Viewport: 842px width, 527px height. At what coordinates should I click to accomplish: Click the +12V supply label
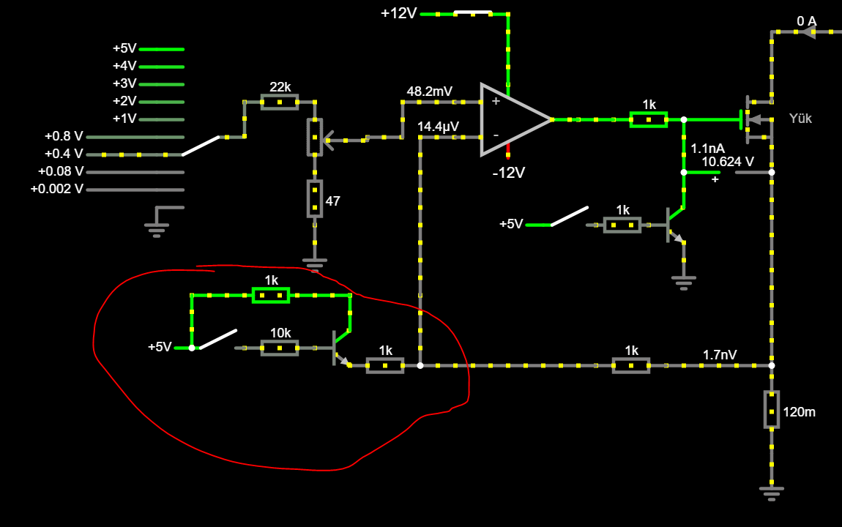(x=398, y=13)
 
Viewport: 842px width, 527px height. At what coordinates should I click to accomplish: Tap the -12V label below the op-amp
(x=508, y=173)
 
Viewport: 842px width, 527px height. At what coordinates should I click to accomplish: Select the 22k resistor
(x=280, y=102)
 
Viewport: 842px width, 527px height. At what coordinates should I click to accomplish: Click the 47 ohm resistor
(x=315, y=198)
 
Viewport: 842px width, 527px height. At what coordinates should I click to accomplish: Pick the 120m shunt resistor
(x=772, y=409)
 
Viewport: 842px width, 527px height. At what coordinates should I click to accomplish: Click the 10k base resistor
(x=280, y=348)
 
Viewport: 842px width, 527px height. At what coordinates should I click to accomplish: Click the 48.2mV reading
(x=430, y=91)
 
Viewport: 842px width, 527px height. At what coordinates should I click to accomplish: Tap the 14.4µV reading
(x=438, y=127)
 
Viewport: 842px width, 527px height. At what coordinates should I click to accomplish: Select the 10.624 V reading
(x=727, y=162)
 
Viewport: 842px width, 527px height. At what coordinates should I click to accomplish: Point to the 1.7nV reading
(x=720, y=355)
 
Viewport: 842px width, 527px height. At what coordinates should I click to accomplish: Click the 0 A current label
(x=806, y=21)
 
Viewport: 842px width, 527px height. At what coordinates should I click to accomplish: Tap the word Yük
(x=800, y=119)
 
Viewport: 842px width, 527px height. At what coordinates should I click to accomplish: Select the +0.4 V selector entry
(x=65, y=154)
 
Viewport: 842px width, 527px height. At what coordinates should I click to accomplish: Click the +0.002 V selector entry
(x=57, y=189)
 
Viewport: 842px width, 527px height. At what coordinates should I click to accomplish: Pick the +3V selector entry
(x=124, y=83)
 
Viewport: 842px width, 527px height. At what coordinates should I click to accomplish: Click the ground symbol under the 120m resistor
(x=772, y=491)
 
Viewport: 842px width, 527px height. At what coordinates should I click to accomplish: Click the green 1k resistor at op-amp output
(x=649, y=119)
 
